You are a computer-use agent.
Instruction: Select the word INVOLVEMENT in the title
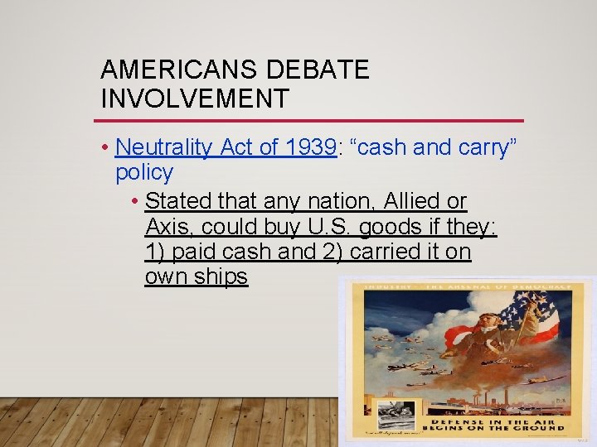(x=195, y=99)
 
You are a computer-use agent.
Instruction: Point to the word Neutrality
(x=164, y=147)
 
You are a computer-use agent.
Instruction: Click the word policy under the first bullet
(x=144, y=172)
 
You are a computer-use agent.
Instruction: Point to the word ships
(x=221, y=276)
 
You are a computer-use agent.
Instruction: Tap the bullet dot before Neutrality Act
(x=106, y=147)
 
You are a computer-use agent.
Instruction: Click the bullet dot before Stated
(x=135, y=201)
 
